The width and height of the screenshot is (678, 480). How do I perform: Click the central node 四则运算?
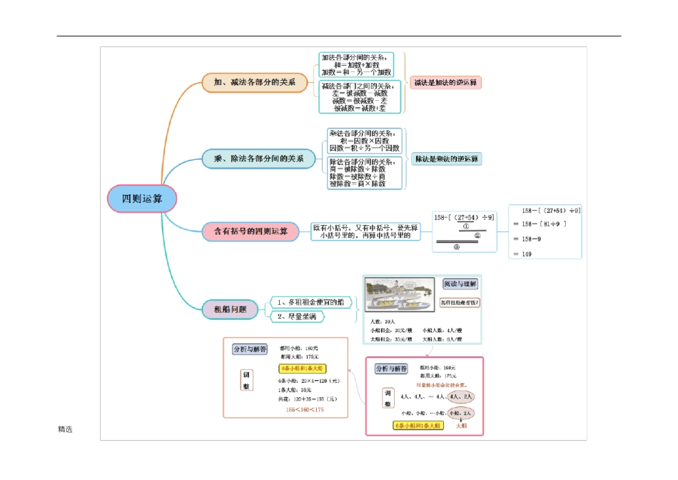point(141,199)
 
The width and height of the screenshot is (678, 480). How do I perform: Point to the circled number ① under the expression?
point(465,227)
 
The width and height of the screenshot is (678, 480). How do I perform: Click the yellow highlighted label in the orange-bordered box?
point(302,369)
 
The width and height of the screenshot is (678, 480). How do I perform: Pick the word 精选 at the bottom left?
point(65,429)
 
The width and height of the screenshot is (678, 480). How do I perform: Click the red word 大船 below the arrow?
point(461,426)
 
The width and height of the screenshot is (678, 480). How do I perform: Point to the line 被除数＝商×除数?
point(357,184)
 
